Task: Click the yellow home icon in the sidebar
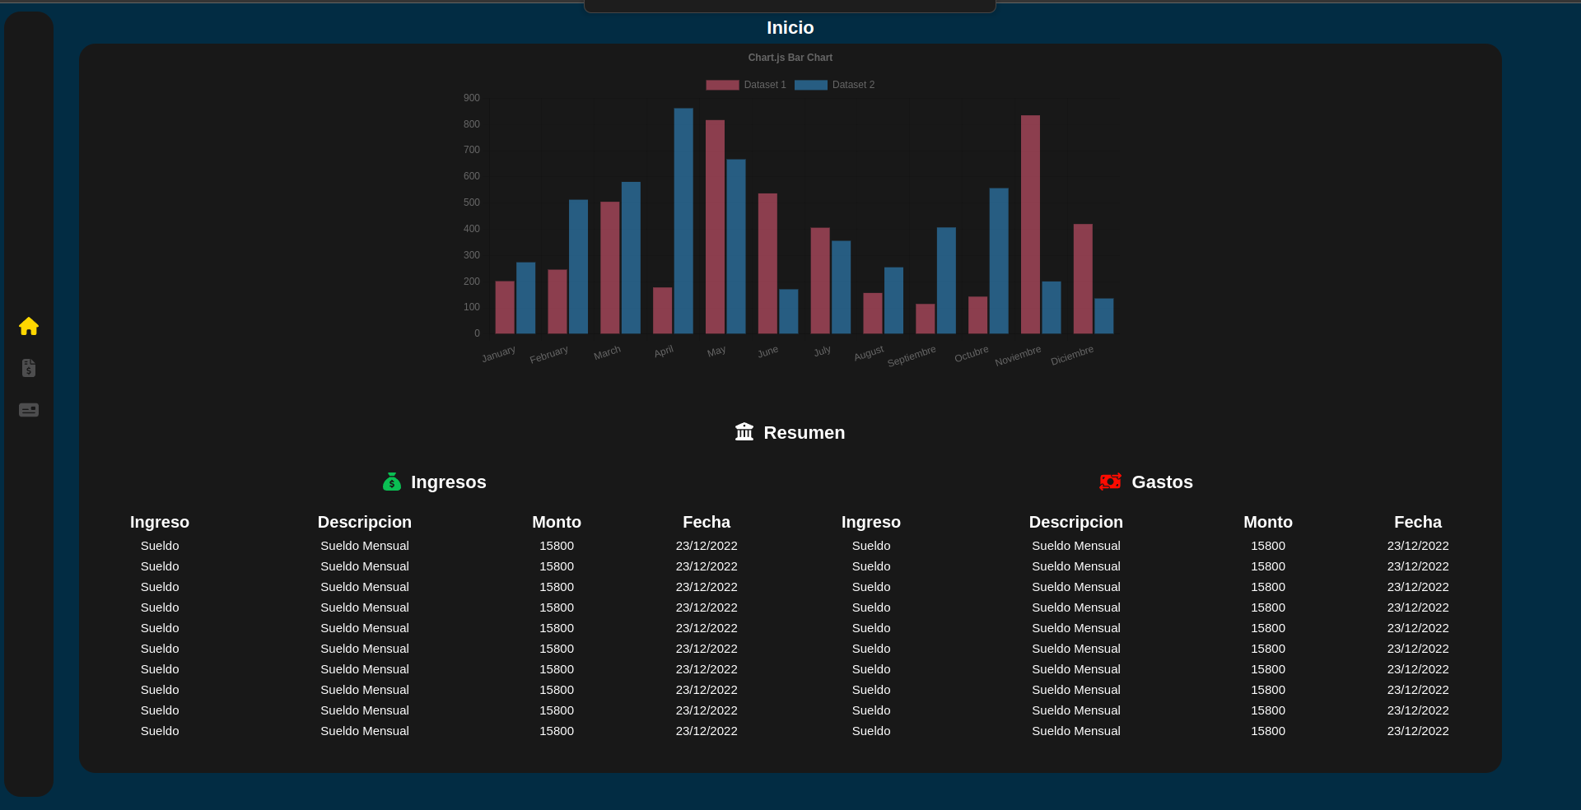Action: pyautogui.click(x=29, y=327)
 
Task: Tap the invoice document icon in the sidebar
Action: pyautogui.click(x=29, y=368)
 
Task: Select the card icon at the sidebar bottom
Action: pyautogui.click(x=29, y=410)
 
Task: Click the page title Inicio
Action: pyautogui.click(x=790, y=28)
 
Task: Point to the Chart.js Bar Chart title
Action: pyautogui.click(x=790, y=58)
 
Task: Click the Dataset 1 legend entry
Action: pyautogui.click(x=746, y=85)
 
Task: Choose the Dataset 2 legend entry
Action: pyautogui.click(x=834, y=85)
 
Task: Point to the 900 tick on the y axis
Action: pyautogui.click(x=472, y=98)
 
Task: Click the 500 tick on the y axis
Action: pyautogui.click(x=472, y=202)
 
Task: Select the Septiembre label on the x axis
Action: pyautogui.click(x=912, y=356)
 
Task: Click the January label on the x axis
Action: pyautogui.click(x=499, y=354)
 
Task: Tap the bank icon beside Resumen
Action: pyautogui.click(x=744, y=432)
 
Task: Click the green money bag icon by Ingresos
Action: pyautogui.click(x=392, y=482)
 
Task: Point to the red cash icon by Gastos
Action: pyautogui.click(x=1110, y=482)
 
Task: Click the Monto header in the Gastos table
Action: pyautogui.click(x=1267, y=522)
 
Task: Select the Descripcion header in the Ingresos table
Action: pyautogui.click(x=364, y=522)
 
